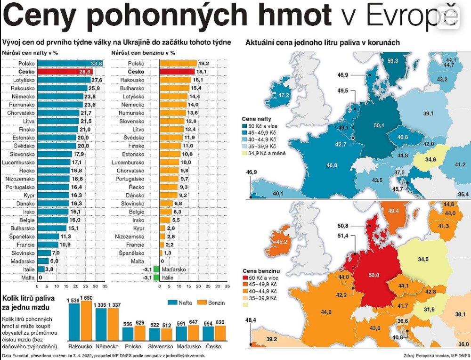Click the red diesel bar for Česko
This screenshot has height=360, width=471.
[65, 72]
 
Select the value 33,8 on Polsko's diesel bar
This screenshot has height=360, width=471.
[97, 63]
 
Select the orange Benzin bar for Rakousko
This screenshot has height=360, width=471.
[86, 320]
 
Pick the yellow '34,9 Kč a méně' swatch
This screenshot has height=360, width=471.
[244, 153]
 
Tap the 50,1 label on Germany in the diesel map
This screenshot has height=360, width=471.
[378, 125]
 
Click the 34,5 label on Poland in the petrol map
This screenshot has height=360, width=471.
[423, 260]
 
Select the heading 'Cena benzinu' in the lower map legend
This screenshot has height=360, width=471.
[260, 271]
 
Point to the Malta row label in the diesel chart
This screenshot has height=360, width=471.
[28, 278]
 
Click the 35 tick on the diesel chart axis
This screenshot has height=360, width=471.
[105, 286]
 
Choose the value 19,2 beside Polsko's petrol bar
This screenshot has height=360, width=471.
[203, 63]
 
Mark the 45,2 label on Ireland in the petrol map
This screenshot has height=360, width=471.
[282, 242]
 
